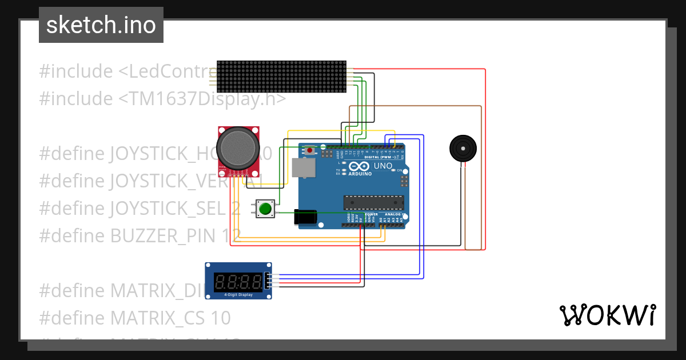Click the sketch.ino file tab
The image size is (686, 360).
(101, 25)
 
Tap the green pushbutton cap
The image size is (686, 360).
(265, 209)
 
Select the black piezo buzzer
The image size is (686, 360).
(462, 149)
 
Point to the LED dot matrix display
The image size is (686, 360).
(281, 77)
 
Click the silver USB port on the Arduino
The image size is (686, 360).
(303, 167)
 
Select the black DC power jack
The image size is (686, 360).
(305, 217)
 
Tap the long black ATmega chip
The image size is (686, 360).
(373, 202)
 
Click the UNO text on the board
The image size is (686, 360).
(383, 166)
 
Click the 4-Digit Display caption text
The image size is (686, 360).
(238, 295)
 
